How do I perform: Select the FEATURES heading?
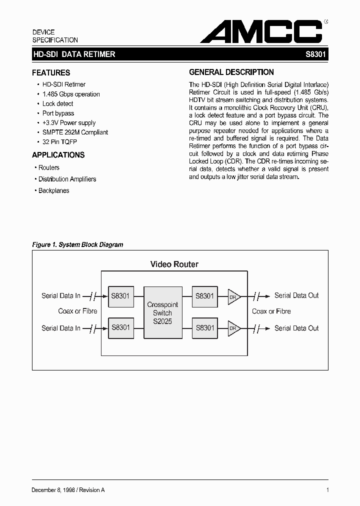click(x=51, y=72)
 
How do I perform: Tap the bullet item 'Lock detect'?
click(x=57, y=103)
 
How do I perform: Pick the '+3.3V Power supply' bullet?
click(x=68, y=122)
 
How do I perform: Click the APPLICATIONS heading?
click(x=58, y=155)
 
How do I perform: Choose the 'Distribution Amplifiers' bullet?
click(x=67, y=179)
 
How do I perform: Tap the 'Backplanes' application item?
click(x=53, y=190)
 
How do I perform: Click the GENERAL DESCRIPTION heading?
click(x=231, y=72)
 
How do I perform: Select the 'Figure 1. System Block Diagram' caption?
click(x=77, y=244)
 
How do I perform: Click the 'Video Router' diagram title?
click(x=174, y=264)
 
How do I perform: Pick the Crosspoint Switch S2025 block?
click(x=162, y=312)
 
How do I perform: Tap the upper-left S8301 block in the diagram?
click(x=120, y=296)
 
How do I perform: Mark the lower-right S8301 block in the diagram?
click(x=205, y=328)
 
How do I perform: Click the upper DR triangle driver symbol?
click(x=233, y=296)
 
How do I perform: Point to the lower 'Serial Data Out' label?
click(x=296, y=328)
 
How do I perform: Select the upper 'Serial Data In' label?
click(x=61, y=296)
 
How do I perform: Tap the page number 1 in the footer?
click(x=327, y=490)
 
